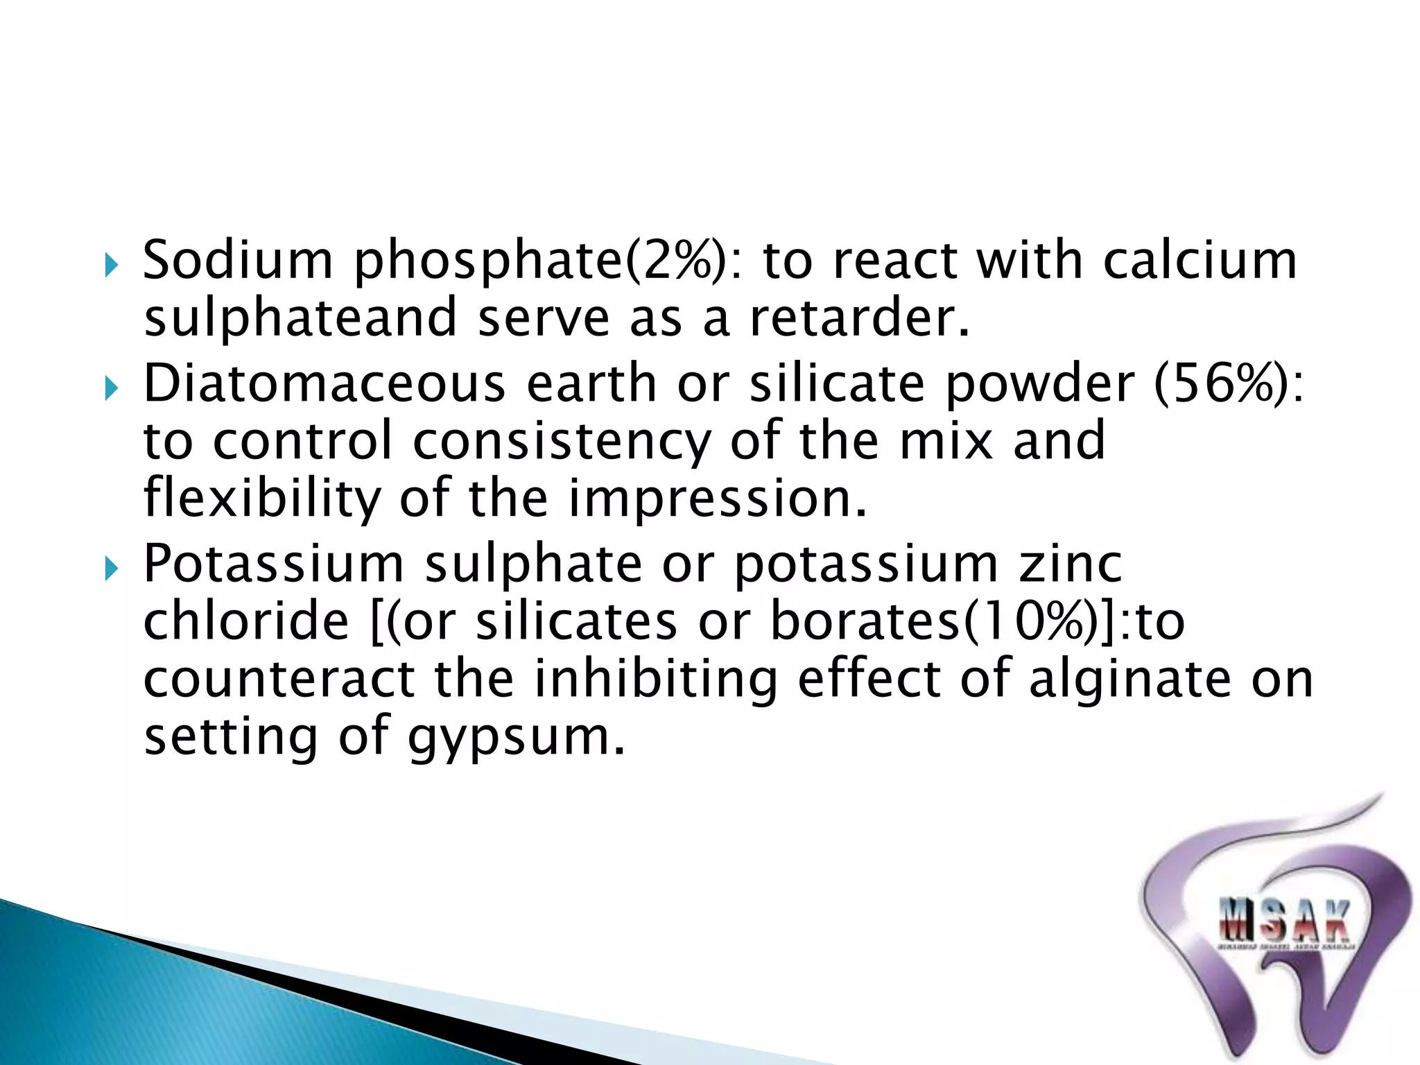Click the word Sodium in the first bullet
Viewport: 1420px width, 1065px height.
tap(238, 260)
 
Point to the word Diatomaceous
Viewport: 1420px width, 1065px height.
tap(324, 383)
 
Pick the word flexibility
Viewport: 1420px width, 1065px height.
tap(262, 499)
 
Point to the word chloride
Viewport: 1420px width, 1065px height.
tap(246, 621)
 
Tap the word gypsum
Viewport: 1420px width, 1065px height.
tap(516, 738)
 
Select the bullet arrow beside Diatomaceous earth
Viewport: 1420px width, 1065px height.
tap(112, 388)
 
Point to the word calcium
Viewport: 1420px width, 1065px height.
tap(1200, 260)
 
